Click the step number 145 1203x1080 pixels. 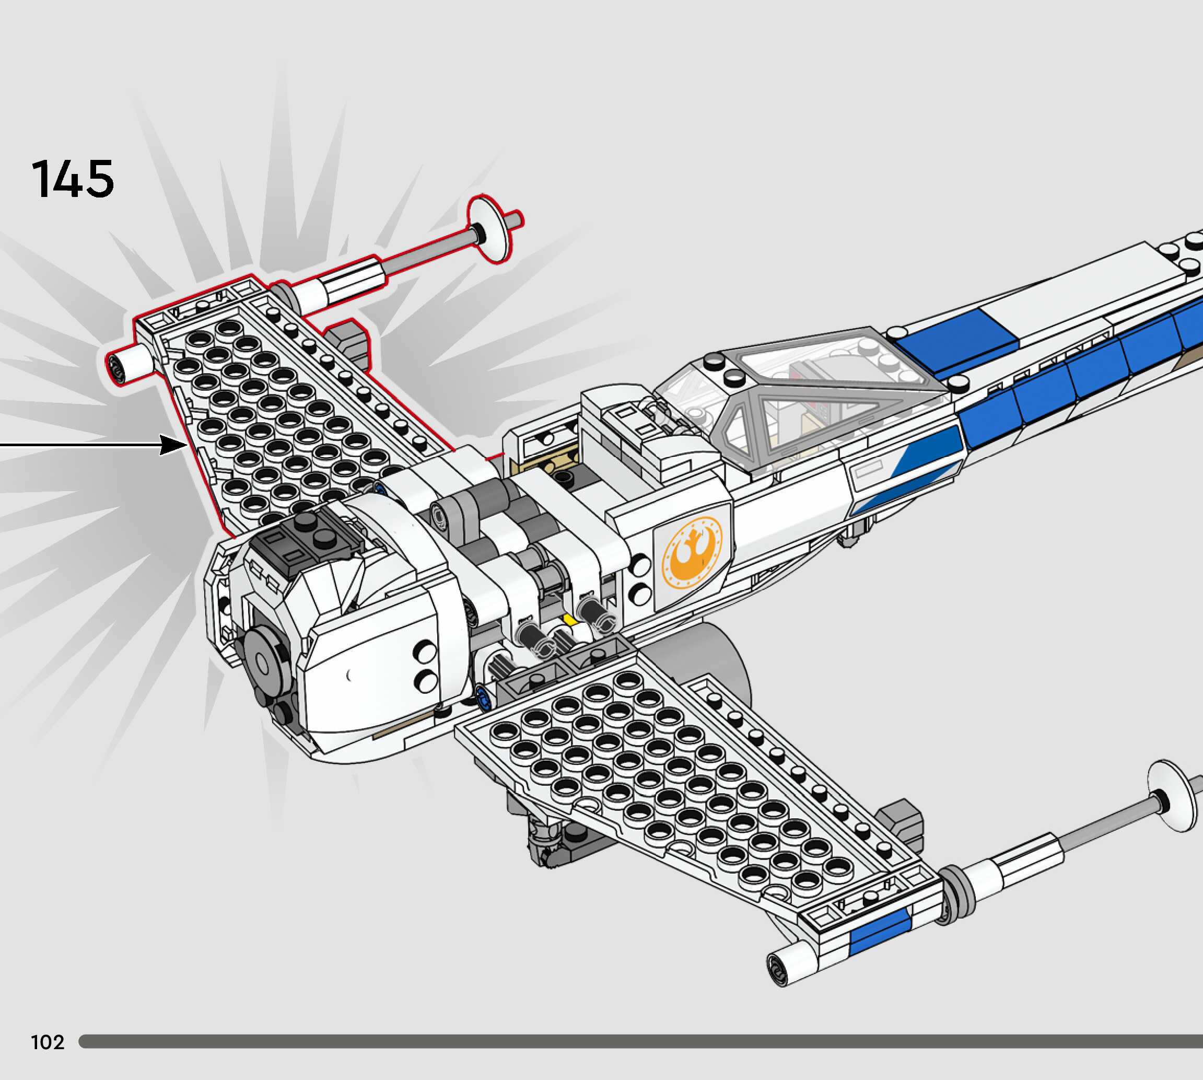pyautogui.click(x=73, y=179)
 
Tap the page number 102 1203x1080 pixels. pyautogui.click(x=48, y=1041)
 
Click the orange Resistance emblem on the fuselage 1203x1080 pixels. pyautogui.click(x=692, y=552)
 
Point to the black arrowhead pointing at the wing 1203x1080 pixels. pyautogui.click(x=173, y=444)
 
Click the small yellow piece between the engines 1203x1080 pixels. pyautogui.click(x=570, y=620)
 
